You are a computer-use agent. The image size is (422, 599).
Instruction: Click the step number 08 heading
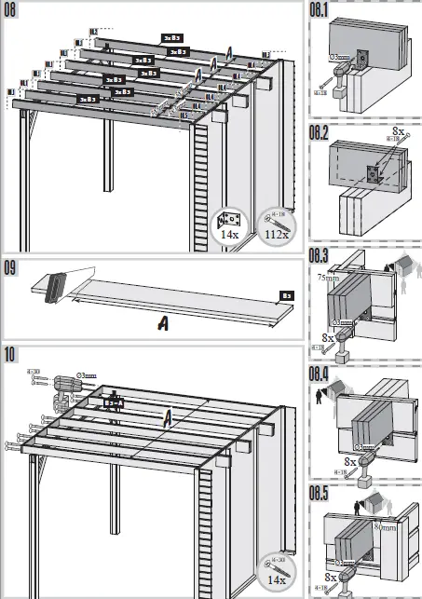12,12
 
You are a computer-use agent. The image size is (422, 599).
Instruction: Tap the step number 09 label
12,271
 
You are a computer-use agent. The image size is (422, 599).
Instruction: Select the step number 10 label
12,356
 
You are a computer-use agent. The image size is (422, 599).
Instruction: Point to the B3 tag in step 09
288,295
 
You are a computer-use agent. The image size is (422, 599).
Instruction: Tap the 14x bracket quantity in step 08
228,236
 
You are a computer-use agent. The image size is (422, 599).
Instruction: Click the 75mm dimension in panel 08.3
326,277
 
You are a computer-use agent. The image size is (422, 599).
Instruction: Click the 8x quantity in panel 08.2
399,133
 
